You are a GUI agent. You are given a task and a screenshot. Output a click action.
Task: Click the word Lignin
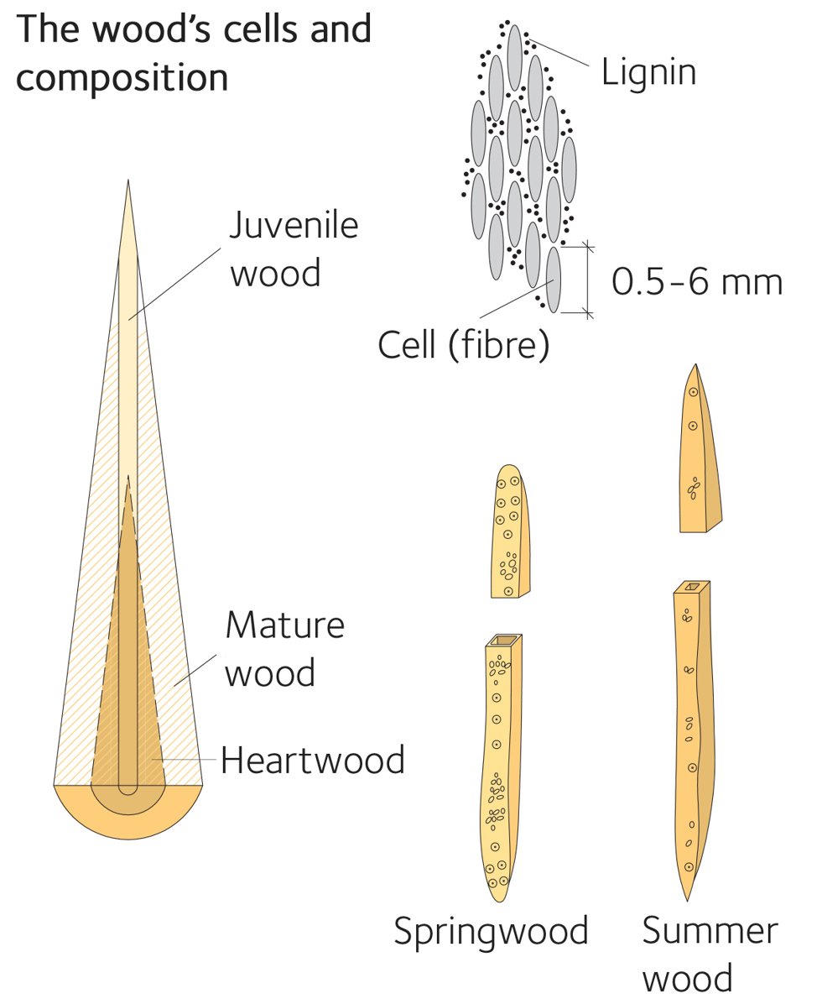coord(648,72)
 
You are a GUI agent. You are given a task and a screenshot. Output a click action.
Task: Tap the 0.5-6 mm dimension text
coord(696,282)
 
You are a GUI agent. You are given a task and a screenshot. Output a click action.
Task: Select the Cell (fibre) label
coord(463,344)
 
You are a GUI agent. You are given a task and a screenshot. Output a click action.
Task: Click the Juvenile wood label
coord(294,250)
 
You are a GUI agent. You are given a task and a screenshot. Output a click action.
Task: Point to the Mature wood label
coord(284,650)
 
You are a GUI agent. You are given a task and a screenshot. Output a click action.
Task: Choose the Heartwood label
coord(312,761)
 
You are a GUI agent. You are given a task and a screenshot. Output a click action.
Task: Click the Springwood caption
coord(491,931)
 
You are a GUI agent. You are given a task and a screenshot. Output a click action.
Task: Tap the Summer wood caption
coord(710,954)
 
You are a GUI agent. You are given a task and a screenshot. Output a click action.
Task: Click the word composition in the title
coord(122,77)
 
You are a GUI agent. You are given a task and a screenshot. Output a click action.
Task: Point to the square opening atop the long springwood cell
coord(503,641)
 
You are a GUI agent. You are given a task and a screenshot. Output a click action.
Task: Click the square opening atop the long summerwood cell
coord(692,586)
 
